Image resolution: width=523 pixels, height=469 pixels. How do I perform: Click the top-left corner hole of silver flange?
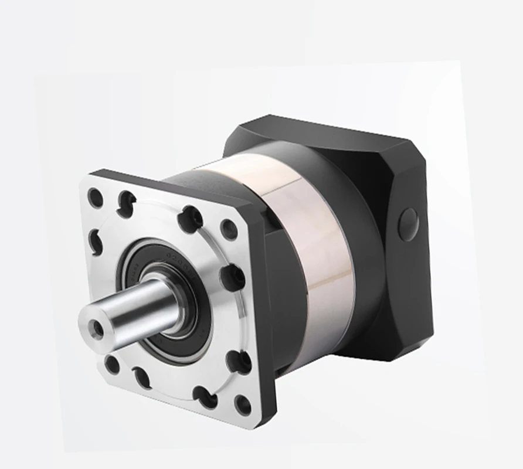(x=95, y=198)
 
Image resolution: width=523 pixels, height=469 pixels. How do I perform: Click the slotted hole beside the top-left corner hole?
(x=126, y=203)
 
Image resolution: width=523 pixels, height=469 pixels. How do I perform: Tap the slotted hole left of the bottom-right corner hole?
(x=205, y=397)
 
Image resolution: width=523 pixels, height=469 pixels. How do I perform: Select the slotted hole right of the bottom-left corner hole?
(x=142, y=377)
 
